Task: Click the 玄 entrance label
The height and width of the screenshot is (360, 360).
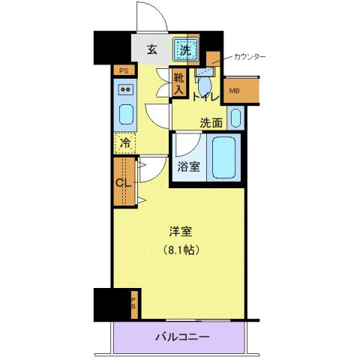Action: point(151,51)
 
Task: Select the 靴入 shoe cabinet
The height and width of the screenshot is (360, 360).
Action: point(178,82)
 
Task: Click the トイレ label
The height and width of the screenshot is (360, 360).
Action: point(205,97)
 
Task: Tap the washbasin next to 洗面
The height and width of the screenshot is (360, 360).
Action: point(235,118)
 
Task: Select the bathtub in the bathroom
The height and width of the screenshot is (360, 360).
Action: point(224,157)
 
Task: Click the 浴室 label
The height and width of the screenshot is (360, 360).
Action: point(188,166)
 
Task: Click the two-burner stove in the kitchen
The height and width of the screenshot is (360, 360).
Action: point(125,92)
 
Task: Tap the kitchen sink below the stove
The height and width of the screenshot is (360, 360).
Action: point(125,116)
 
